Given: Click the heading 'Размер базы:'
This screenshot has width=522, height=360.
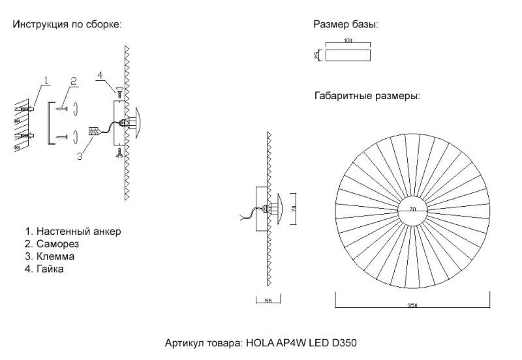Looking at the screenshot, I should (x=346, y=25).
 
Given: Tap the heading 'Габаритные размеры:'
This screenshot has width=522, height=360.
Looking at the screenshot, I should (x=366, y=95).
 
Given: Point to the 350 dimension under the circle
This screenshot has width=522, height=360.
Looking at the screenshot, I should (x=412, y=305).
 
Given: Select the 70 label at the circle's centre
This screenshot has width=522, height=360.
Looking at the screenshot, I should (x=412, y=209).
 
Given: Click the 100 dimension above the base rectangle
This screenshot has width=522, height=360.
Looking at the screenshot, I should (x=347, y=41).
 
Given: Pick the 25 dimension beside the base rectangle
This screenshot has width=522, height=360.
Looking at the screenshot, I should (x=317, y=55).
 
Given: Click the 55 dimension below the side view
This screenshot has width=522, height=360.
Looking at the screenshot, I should (x=268, y=301).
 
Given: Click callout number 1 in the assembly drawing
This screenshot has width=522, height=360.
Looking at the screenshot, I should (x=46, y=80).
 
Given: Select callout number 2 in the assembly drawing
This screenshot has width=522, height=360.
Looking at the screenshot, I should (x=74, y=80).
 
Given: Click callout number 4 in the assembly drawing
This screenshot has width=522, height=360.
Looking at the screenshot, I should (x=100, y=75).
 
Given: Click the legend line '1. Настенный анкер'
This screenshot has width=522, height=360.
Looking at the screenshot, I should (x=73, y=232).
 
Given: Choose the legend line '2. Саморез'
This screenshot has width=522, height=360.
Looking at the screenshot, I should (x=52, y=244).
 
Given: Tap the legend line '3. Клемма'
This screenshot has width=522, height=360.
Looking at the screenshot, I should (x=50, y=256).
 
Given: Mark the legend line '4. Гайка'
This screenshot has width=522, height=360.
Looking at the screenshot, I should (x=44, y=269).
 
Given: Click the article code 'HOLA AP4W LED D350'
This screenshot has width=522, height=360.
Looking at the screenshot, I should (x=301, y=342).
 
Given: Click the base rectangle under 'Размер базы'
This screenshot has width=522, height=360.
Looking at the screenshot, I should (x=347, y=55).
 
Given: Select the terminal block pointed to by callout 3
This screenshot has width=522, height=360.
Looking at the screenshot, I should (x=93, y=131).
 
